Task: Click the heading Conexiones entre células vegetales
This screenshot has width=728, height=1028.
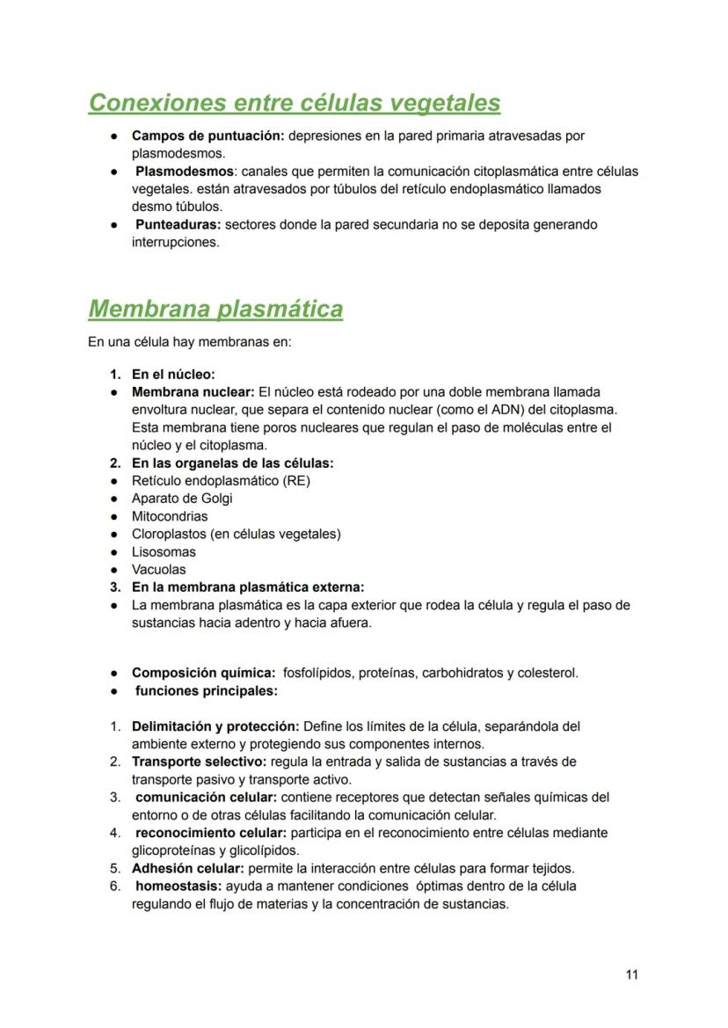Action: (x=295, y=103)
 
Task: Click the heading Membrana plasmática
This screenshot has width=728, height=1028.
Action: (x=215, y=309)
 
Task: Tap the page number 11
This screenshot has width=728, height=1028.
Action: (x=631, y=974)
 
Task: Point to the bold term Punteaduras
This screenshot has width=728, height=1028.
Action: (x=178, y=224)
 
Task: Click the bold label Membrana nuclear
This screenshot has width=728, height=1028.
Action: (x=193, y=391)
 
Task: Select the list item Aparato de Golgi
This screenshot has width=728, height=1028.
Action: (x=182, y=498)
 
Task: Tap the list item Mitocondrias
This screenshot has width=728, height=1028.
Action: (x=170, y=516)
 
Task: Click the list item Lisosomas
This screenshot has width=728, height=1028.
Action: (x=164, y=551)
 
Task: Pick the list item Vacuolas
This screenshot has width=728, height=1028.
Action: (x=159, y=569)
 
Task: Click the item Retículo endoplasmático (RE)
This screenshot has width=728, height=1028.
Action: (x=221, y=480)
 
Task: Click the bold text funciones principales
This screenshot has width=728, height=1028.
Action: (x=206, y=690)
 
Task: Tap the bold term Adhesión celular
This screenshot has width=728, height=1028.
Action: (x=187, y=868)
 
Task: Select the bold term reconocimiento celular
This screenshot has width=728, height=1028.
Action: (x=207, y=832)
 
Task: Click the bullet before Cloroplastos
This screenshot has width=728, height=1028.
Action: (x=114, y=534)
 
